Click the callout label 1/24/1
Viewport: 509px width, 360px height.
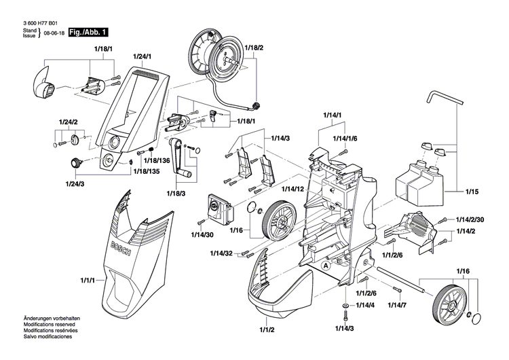(x=142, y=56)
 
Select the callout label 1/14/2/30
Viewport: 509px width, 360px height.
(x=470, y=219)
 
